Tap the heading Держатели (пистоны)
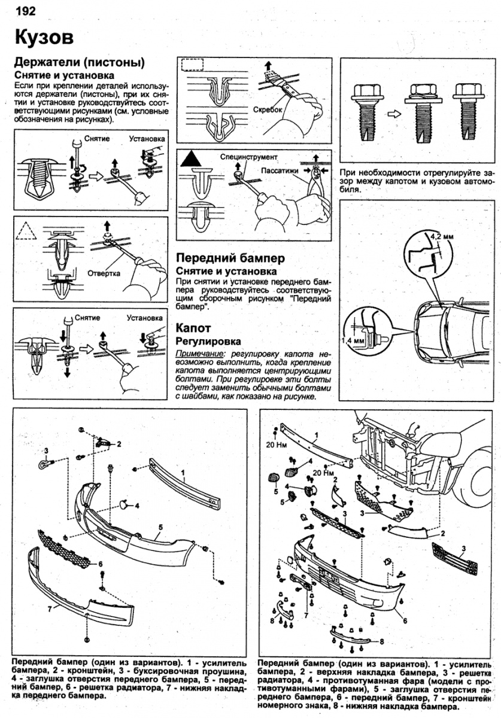click(x=80, y=63)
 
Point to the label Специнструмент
click(x=249, y=157)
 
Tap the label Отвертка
click(x=104, y=273)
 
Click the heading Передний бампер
click(x=230, y=258)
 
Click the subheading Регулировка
click(x=208, y=341)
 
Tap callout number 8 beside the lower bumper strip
click(x=381, y=641)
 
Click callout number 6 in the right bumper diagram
click(x=405, y=620)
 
